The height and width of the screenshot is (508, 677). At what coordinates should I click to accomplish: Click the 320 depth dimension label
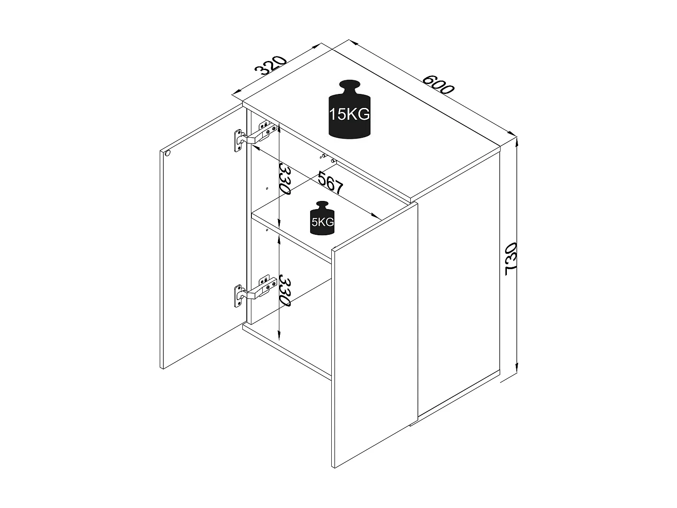click(x=271, y=66)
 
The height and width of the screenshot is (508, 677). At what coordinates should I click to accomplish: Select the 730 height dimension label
click(x=511, y=259)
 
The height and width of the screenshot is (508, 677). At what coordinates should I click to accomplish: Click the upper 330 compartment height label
click(x=284, y=178)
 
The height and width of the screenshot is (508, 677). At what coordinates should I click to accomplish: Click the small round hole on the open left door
click(x=167, y=154)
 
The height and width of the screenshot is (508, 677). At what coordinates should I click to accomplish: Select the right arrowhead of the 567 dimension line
click(x=377, y=215)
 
